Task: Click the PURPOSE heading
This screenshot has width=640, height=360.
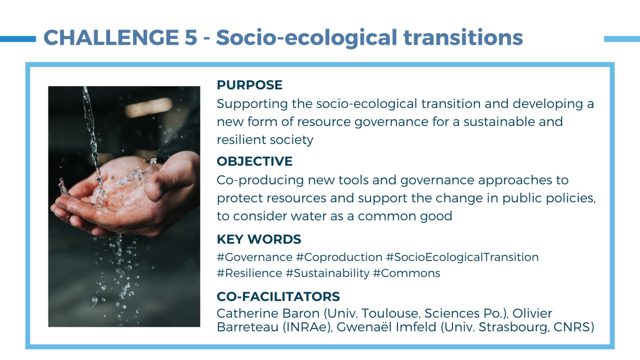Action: [249, 85]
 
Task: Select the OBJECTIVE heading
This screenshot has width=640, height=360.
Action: [254, 161]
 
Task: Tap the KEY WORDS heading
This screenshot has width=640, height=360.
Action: [259, 239]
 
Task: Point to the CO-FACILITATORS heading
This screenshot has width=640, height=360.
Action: [278, 297]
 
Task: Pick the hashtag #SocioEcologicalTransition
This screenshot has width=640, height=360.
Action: [462, 257]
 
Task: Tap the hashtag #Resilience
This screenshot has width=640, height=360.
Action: [249, 273]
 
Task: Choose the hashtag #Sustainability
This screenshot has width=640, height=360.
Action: [327, 273]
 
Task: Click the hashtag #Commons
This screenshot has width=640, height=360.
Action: [406, 273]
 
